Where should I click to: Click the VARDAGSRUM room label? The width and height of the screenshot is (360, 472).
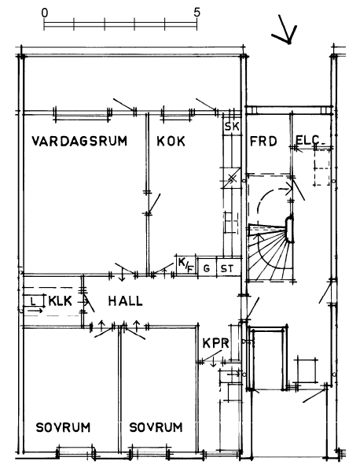79,141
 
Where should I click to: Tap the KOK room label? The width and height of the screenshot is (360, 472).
171,141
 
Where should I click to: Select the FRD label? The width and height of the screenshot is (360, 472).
263,141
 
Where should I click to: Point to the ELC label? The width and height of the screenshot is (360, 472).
307,140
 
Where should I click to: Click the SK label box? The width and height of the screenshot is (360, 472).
232,127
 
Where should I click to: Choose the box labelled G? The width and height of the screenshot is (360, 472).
207,267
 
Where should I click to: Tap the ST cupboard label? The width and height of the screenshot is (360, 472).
226,268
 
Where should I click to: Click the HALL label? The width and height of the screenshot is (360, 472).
125,301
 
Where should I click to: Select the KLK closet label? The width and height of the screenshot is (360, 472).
61,301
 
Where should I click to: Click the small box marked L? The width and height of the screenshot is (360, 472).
33,301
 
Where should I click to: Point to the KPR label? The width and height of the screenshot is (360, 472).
216,343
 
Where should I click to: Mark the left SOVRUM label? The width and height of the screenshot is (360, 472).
63,427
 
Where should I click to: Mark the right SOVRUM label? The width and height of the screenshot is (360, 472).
156,427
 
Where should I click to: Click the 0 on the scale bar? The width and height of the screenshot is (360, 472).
44,13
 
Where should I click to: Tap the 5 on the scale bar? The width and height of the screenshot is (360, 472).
197,13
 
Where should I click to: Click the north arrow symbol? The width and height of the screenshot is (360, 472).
285,29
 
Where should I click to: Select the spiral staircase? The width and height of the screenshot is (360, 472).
270,252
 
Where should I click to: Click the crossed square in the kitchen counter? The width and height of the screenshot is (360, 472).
232,179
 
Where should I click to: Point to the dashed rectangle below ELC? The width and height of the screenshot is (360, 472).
321,168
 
